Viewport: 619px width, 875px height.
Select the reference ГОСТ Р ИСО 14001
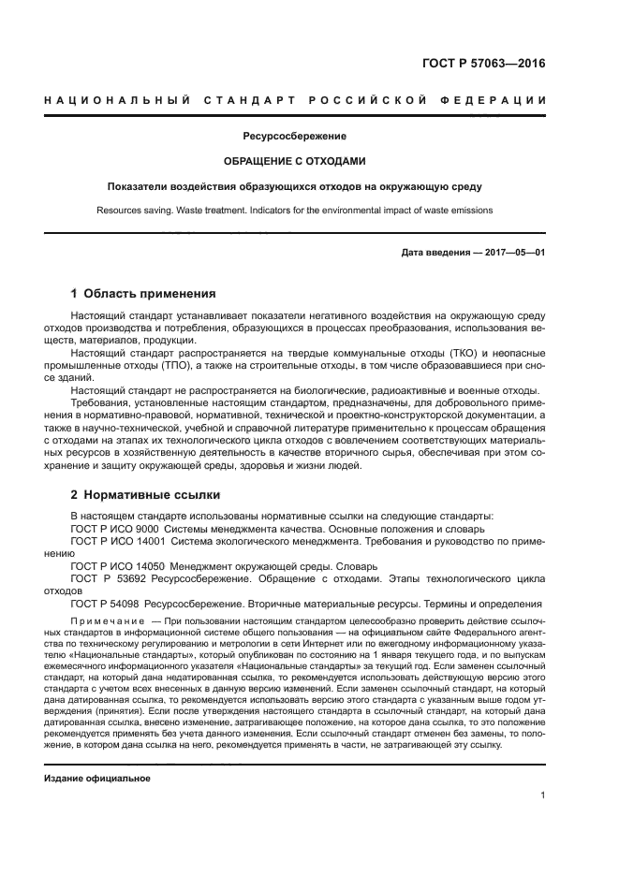coord(111,542)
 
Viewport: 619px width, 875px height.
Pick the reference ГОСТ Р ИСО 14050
coord(111,566)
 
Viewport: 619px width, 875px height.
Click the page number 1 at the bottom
coord(543,795)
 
